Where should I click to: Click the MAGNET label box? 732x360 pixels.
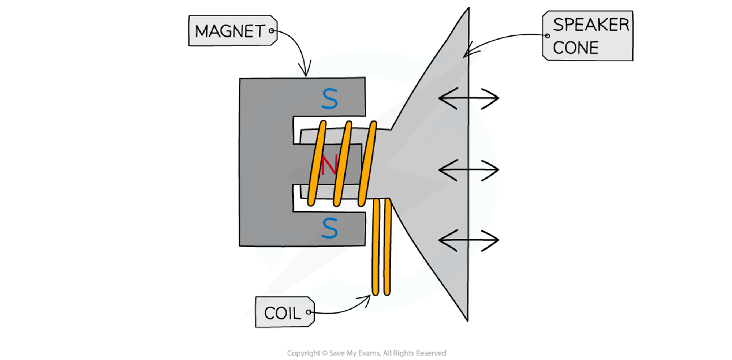coord(232,31)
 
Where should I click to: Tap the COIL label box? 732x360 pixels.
coord(284,312)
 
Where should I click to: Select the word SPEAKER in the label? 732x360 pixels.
coord(591,25)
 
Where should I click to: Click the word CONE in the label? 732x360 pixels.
coord(575,48)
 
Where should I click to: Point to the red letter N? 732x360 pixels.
coord(329,165)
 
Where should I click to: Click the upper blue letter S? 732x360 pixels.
coord(329,99)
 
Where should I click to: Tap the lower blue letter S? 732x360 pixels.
coord(329,228)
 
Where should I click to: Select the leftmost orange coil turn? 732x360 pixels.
coord(317,164)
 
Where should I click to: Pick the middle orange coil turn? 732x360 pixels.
coord(342,164)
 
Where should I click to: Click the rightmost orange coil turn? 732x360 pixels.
coord(367,164)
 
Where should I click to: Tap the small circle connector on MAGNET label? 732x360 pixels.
coord(272,31)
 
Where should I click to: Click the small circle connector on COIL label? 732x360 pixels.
coord(309,312)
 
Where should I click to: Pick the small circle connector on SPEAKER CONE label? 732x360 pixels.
coord(547,36)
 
